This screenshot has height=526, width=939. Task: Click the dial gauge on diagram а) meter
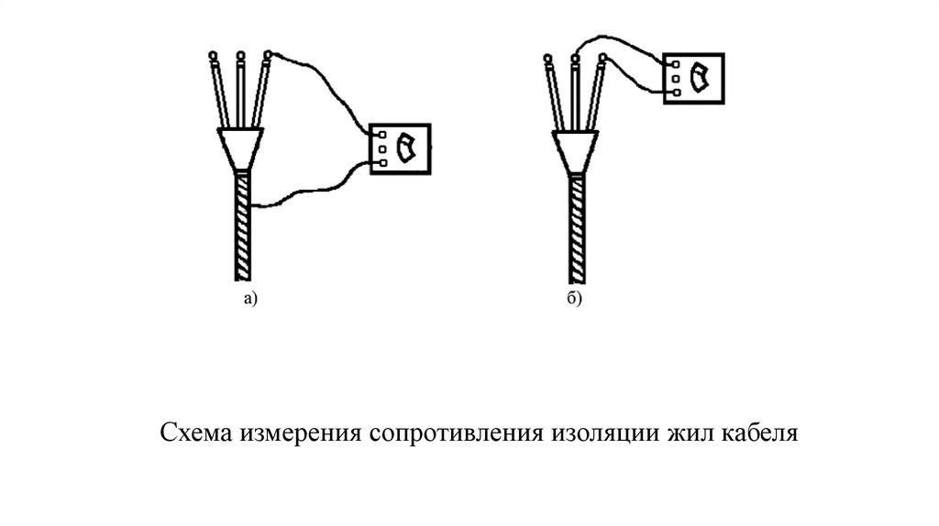[405, 148]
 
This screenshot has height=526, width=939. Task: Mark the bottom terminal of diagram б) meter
[673, 92]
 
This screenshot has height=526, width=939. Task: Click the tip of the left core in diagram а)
[213, 56]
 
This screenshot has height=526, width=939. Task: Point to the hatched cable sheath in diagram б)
[576, 229]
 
